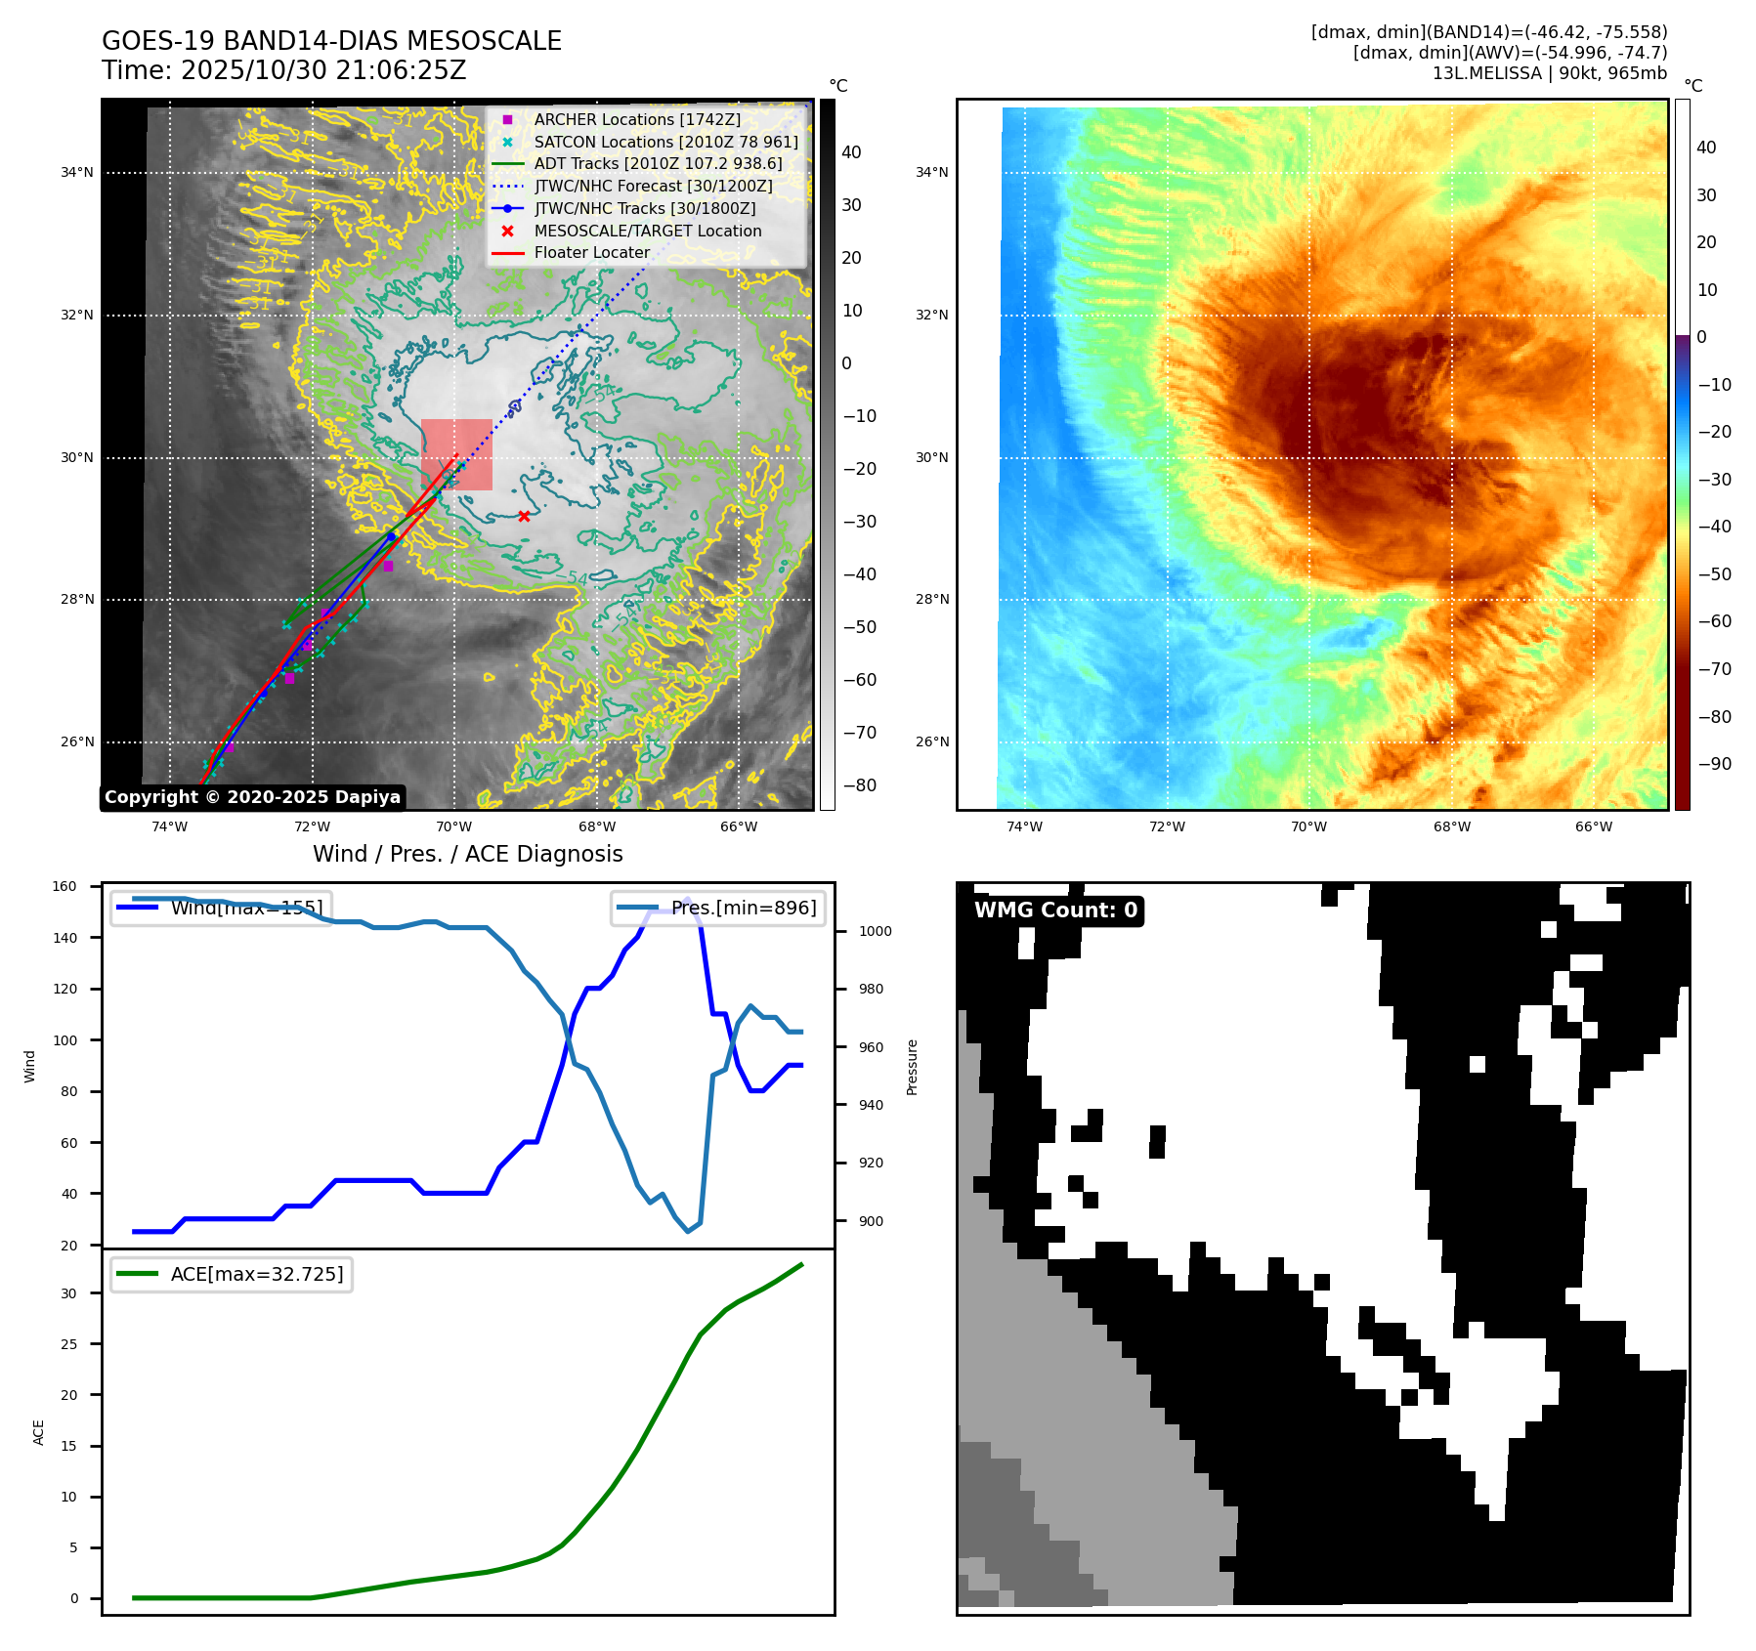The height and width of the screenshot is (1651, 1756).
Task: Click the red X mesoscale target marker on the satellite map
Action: [524, 516]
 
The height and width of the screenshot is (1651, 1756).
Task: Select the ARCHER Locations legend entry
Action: [636, 119]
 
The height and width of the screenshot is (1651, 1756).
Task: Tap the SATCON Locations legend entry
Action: [664, 142]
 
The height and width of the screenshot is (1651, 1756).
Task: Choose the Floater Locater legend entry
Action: [591, 252]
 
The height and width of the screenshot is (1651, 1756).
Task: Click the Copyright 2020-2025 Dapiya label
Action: [252, 797]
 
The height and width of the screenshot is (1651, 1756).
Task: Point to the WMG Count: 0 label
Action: [1055, 910]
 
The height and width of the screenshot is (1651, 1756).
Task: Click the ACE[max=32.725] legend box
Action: [232, 1274]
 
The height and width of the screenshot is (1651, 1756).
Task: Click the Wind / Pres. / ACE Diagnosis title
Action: [467, 854]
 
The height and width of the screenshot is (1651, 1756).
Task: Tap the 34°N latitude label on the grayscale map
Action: [77, 173]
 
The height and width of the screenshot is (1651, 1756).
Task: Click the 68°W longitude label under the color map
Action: [1451, 826]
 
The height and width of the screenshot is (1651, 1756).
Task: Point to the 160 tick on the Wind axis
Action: [64, 886]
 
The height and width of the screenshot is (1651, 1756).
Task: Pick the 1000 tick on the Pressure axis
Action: [875, 931]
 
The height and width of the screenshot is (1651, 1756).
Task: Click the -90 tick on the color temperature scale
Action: [1714, 764]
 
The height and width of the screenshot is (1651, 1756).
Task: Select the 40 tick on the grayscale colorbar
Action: [851, 152]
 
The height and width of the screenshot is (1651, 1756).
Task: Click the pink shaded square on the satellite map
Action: [457, 454]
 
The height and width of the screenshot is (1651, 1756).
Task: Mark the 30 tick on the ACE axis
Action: [68, 1293]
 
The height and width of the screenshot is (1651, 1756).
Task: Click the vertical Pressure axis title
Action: [912, 1067]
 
